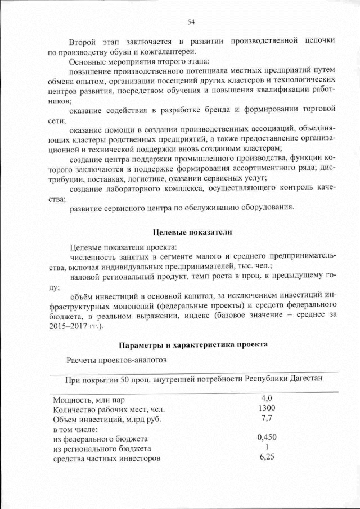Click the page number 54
pos(191,22)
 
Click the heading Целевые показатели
pos(192,232)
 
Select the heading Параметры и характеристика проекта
pos(192,344)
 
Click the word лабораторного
pos(149,188)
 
